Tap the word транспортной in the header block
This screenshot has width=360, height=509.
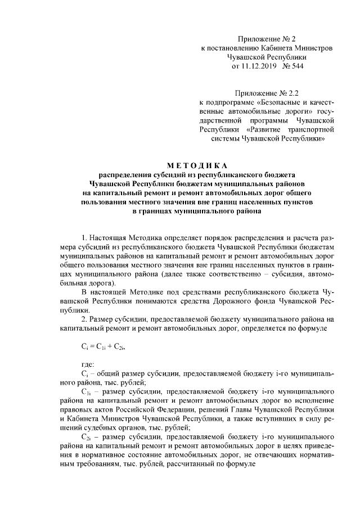click(312, 129)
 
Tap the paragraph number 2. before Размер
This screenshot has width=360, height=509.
click(85, 319)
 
